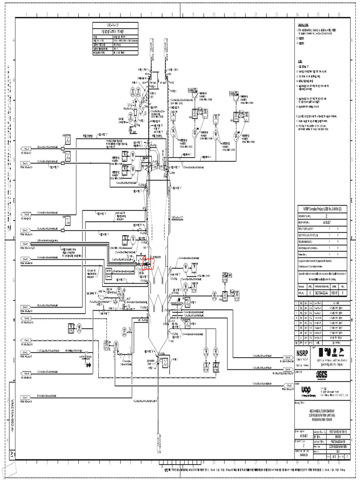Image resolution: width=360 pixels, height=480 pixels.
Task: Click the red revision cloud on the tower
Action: coord(148,263)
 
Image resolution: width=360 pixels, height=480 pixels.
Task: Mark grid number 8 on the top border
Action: coord(172,15)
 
